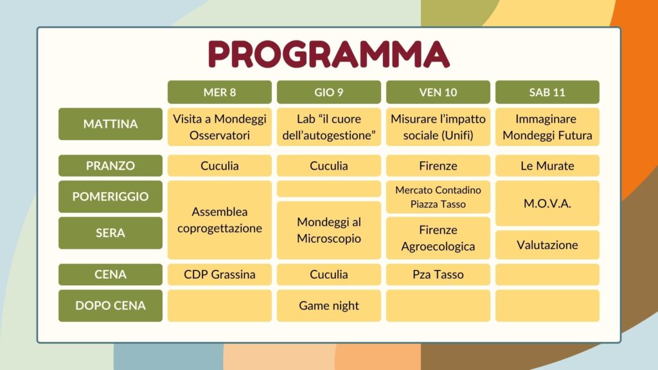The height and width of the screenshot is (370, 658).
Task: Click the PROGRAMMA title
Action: pos(328,54)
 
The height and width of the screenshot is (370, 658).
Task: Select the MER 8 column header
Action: pos(220,92)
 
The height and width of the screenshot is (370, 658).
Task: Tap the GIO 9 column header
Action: pos(328,92)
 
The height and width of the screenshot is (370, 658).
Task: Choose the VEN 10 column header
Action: pos(438,92)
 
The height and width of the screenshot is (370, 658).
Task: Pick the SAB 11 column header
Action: pos(547,92)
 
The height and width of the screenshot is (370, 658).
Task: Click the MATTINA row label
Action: pos(111,124)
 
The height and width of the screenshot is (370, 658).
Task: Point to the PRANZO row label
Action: pos(111,165)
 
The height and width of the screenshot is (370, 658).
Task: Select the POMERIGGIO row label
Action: pos(111,197)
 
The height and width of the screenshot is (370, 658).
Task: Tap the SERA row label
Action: pos(111,233)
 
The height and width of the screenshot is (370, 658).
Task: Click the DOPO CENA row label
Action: pos(111,305)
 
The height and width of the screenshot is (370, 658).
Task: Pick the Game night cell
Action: pos(328,305)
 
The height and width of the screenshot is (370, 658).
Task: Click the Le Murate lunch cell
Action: pos(547,165)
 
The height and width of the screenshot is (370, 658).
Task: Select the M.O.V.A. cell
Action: pos(547,204)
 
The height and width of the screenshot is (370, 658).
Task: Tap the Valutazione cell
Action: pos(547,245)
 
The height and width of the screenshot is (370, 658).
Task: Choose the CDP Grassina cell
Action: pos(220,274)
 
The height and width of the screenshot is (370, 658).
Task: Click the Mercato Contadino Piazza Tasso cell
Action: pos(438,197)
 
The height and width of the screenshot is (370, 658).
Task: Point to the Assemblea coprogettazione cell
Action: pos(220,220)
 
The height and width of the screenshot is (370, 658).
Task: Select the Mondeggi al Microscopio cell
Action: pos(328,230)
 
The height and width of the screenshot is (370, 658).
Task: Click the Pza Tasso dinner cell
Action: pos(438,274)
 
